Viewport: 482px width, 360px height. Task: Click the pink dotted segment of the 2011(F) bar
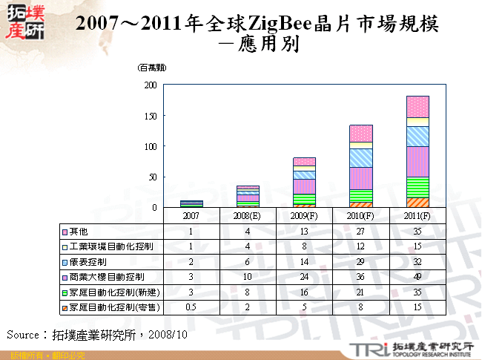click(417, 106)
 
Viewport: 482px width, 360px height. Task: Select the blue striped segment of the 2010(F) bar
click(361, 157)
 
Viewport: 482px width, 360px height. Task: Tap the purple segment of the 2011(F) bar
click(417, 161)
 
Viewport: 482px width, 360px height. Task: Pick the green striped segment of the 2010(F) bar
click(361, 195)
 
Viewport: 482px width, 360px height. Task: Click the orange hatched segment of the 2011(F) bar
click(417, 203)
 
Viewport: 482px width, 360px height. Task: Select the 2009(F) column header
click(305, 215)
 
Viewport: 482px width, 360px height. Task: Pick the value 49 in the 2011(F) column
click(417, 277)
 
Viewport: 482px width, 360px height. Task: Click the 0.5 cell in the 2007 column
click(192, 307)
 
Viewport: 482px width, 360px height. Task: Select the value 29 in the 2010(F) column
click(361, 262)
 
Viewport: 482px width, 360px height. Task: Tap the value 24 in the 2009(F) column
click(305, 277)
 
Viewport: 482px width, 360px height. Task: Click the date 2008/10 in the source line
click(168, 335)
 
